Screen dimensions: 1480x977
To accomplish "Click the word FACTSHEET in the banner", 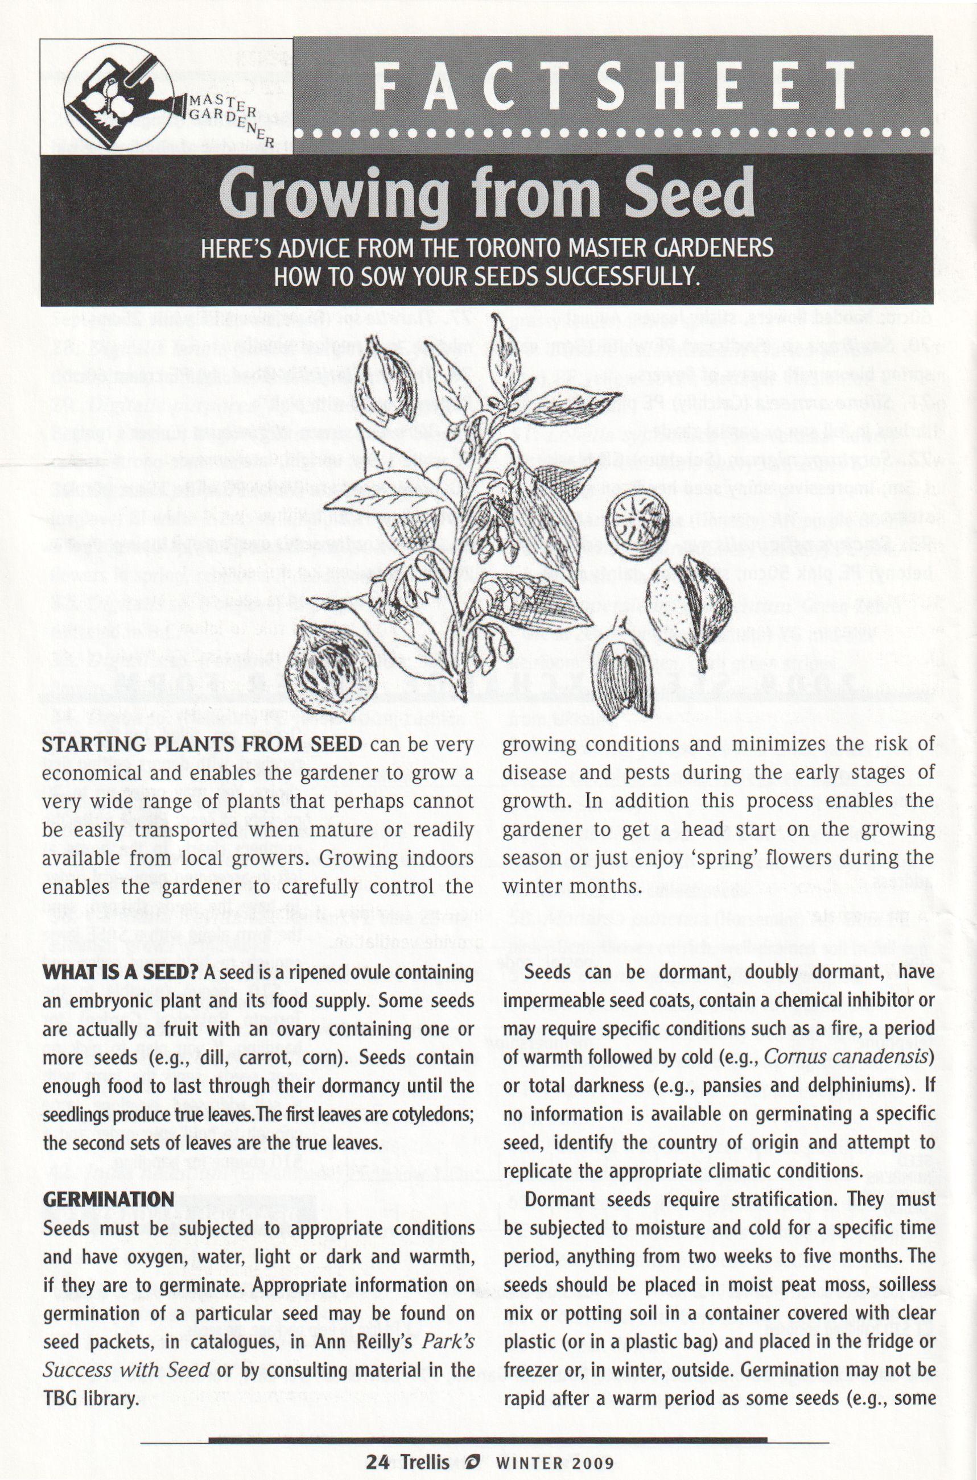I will click(614, 86).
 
